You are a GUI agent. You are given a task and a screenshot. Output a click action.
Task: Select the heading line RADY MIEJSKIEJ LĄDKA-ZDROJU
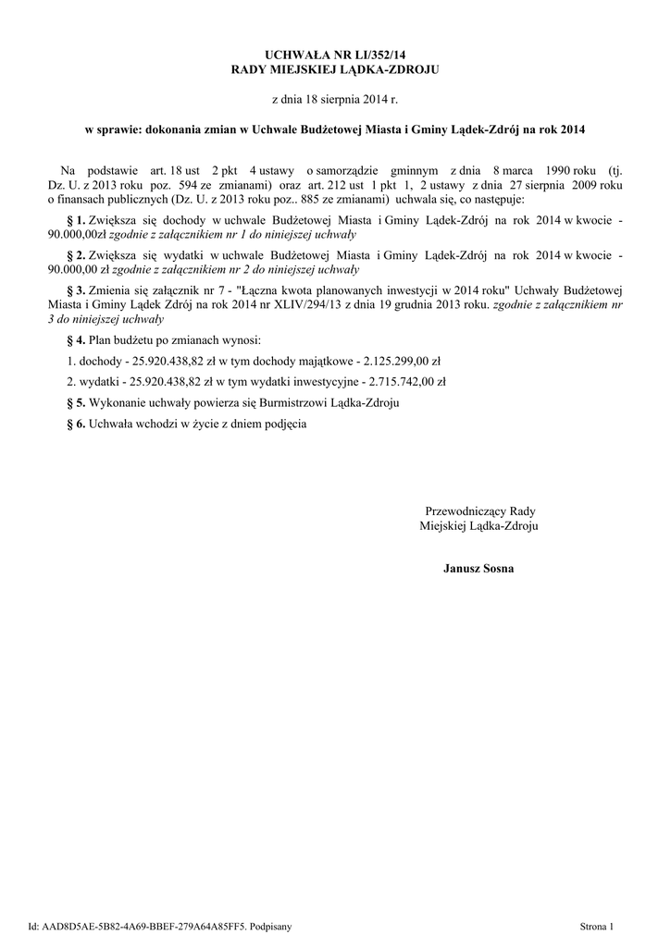pos(335,71)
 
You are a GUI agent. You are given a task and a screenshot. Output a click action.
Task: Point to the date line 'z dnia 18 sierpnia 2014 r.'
pos(335,98)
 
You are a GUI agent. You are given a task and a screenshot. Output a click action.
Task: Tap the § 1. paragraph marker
pos(76,222)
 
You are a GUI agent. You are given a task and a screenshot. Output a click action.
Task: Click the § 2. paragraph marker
pos(76,255)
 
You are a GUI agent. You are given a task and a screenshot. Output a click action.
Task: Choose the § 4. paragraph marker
pos(76,340)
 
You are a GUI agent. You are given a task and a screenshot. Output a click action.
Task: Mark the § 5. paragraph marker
pos(76,402)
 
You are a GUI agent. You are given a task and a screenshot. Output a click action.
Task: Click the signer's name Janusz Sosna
pos(478,568)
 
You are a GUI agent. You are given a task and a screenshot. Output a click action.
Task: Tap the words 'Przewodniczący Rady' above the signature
pos(480,510)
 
